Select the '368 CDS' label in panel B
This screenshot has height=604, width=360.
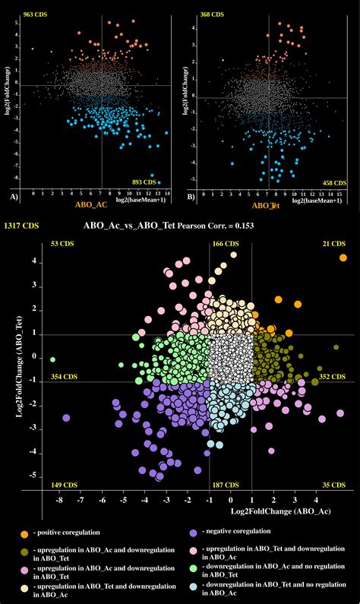pyautogui.click(x=212, y=14)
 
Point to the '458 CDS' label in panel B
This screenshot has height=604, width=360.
pyautogui.click(x=334, y=183)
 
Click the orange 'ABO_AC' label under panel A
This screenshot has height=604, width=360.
pyautogui.click(x=90, y=205)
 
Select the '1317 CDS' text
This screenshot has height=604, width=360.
pyautogui.click(x=21, y=226)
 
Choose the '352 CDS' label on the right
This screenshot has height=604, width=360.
pyautogui.click(x=333, y=376)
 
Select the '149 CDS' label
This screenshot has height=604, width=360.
pyautogui.click(x=62, y=484)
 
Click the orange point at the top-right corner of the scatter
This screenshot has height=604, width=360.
pyautogui.click(x=343, y=258)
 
